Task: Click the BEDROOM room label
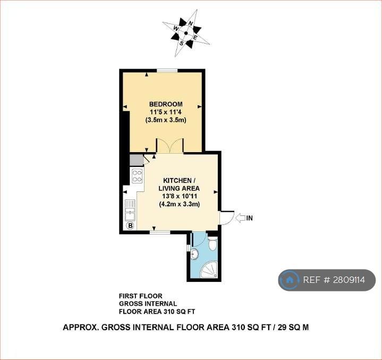(166, 104)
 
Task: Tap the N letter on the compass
(191, 23)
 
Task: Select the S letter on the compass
(181, 44)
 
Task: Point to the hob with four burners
(137, 176)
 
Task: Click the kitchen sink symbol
(130, 210)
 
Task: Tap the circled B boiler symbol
(130, 226)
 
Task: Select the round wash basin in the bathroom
(194, 254)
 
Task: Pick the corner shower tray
(209, 269)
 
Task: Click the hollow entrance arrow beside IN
(240, 218)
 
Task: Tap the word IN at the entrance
(250, 218)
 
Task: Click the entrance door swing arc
(231, 219)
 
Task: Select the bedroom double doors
(170, 146)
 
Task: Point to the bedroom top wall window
(167, 71)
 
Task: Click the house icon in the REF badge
(290, 280)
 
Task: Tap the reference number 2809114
(349, 280)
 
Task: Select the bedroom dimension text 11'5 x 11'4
(166, 112)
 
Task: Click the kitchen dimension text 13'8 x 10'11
(180, 196)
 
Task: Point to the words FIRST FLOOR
(141, 296)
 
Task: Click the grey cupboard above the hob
(137, 160)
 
